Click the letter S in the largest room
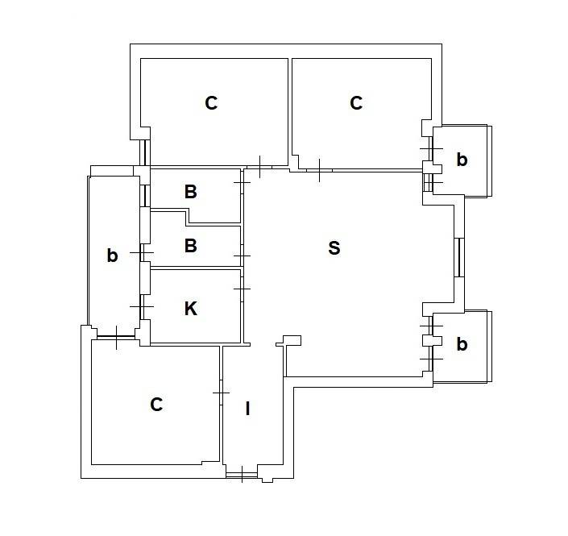click(x=334, y=248)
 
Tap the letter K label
click(x=191, y=309)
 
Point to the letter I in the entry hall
click(x=248, y=409)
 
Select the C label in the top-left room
click(x=211, y=103)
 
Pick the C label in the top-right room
click(x=356, y=103)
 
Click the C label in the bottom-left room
click(x=156, y=405)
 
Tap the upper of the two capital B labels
click(x=191, y=192)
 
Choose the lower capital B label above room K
click(x=191, y=246)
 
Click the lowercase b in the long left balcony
click(x=112, y=256)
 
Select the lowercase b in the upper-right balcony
click(x=462, y=160)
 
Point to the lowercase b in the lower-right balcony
click(x=462, y=344)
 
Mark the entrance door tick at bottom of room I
click(x=242, y=474)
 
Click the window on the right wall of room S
click(x=459, y=257)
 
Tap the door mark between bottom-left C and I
click(x=221, y=393)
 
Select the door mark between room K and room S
click(x=242, y=289)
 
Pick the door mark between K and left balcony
click(x=142, y=306)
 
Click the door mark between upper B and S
click(x=242, y=182)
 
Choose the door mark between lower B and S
click(x=242, y=256)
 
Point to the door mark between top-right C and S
click(x=319, y=170)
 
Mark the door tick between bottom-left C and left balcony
click(x=116, y=338)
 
